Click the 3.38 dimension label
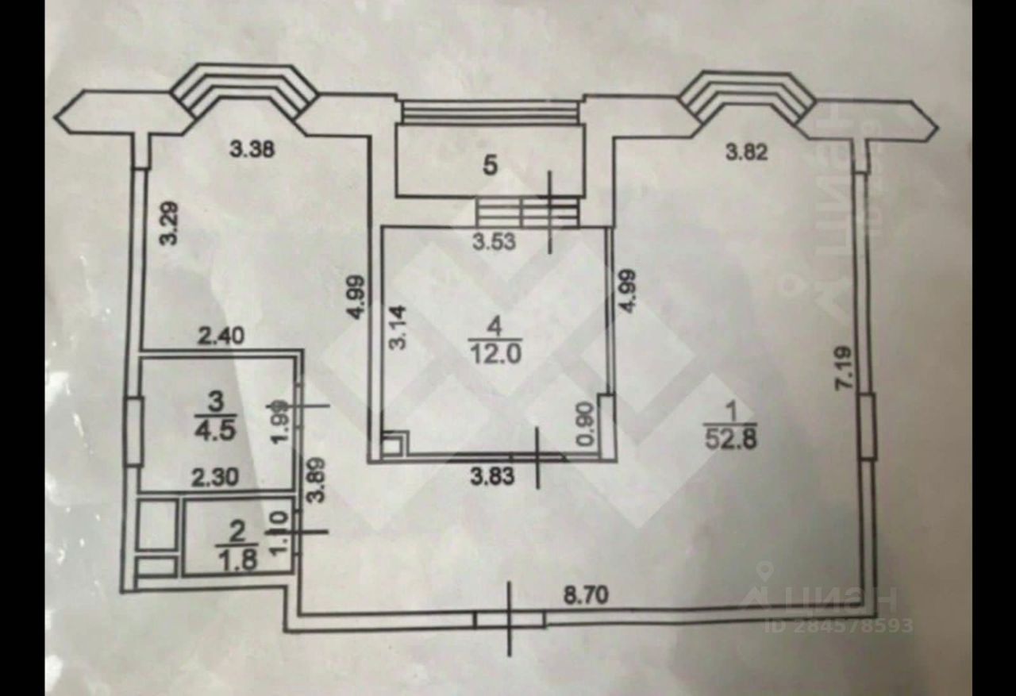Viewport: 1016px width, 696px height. pos(252,148)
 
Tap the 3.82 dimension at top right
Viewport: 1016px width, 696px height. pos(747,154)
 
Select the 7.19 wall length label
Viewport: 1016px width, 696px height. pos(845,365)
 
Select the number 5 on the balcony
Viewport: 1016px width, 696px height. pos(491,166)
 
